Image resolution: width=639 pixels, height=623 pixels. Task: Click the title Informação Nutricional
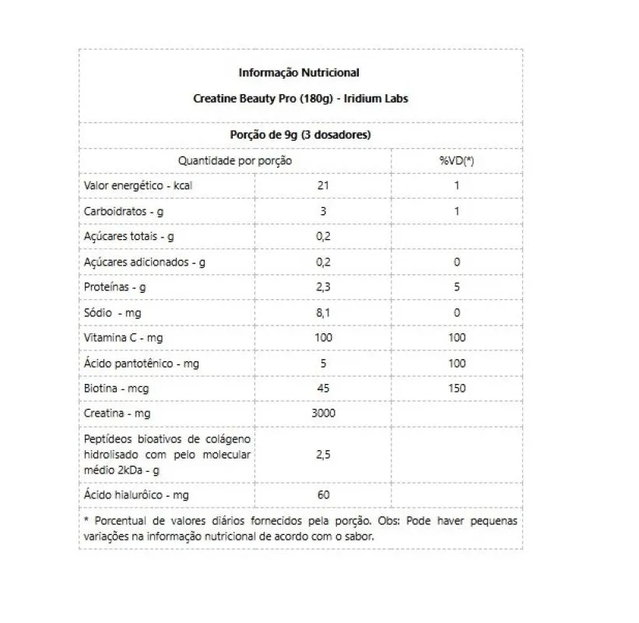pyautogui.click(x=299, y=72)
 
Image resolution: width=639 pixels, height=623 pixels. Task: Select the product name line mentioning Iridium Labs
pyautogui.click(x=300, y=99)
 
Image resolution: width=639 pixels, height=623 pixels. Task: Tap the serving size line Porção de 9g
pyautogui.click(x=300, y=135)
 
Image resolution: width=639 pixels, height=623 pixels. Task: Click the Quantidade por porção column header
pyautogui.click(x=235, y=160)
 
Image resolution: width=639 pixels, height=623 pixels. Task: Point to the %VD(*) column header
pyautogui.click(x=457, y=160)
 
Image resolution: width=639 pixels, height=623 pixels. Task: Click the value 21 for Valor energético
pyautogui.click(x=323, y=185)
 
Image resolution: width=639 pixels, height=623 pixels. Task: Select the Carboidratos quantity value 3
pyautogui.click(x=323, y=211)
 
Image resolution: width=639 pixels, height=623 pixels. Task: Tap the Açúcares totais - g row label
pyautogui.click(x=128, y=236)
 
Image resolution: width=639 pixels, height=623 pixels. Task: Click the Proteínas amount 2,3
pyautogui.click(x=323, y=287)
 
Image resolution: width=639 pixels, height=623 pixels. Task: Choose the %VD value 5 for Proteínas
pyautogui.click(x=457, y=287)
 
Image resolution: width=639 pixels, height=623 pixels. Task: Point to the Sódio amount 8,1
pyautogui.click(x=323, y=312)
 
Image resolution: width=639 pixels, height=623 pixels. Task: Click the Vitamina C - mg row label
pyautogui.click(x=123, y=337)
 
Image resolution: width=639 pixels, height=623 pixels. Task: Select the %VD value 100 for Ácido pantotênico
pyautogui.click(x=457, y=363)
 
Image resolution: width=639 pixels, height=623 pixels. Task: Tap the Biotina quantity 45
pyautogui.click(x=323, y=388)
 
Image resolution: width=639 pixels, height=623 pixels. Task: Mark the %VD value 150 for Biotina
pyautogui.click(x=457, y=388)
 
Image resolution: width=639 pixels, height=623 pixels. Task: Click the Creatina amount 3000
pyautogui.click(x=323, y=413)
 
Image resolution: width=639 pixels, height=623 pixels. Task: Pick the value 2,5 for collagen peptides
pyautogui.click(x=323, y=455)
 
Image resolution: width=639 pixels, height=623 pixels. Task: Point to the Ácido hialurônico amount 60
pyautogui.click(x=323, y=495)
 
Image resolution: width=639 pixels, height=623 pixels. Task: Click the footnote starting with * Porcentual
pyautogui.click(x=300, y=528)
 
